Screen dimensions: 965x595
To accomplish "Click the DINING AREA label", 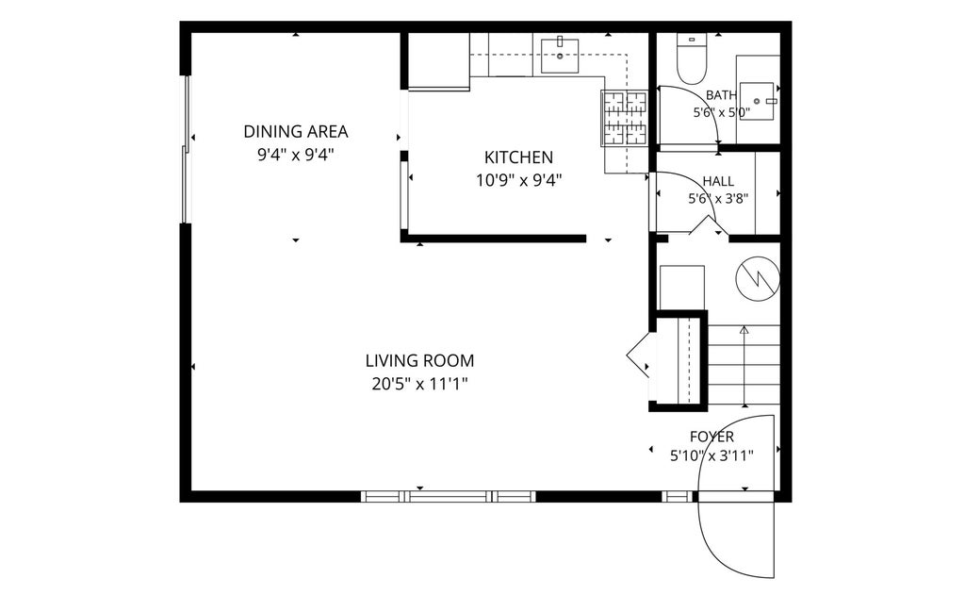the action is tap(295, 132).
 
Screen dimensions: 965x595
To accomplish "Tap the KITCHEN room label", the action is tap(519, 157).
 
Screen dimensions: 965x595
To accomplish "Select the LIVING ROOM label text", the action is tap(419, 360).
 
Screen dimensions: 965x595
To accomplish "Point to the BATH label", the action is tap(721, 95).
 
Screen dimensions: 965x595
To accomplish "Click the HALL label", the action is tap(718, 181).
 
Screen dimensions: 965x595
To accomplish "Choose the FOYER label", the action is tap(712, 438).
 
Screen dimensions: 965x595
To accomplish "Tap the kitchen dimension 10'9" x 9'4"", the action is tap(519, 181).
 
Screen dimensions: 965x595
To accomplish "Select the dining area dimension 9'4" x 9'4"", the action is tap(295, 155).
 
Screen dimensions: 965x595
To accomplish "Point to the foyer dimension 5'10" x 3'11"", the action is tap(712, 456).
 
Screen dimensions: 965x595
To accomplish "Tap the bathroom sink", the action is tap(757, 101).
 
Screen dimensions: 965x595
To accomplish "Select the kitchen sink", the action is tap(560, 56).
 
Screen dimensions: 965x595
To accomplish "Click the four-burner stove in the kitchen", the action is tap(624, 118).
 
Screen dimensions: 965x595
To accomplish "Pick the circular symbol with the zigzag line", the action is tap(759, 279).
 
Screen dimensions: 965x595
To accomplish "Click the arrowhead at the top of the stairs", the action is tap(744, 329).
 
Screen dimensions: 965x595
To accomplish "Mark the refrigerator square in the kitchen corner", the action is tap(439, 61).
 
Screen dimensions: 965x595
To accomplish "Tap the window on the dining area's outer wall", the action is tap(185, 149).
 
